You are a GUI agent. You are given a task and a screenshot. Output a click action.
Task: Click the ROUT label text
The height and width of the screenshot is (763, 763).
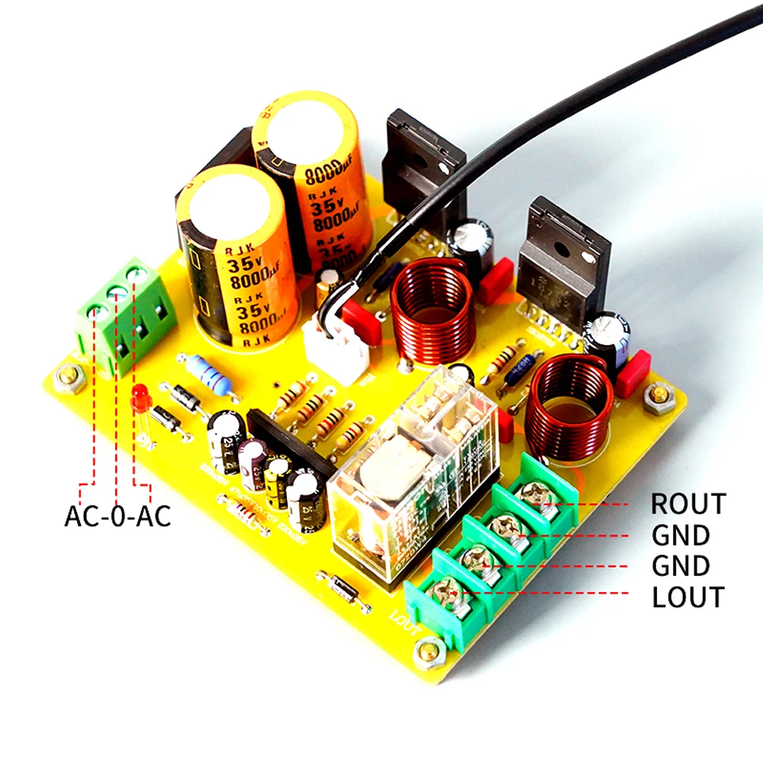pyautogui.click(x=687, y=504)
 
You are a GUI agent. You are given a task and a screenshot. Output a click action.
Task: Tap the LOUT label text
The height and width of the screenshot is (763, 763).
pyautogui.click(x=687, y=597)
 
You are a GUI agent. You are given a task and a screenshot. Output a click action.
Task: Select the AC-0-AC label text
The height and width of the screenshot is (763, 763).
pyautogui.click(x=118, y=516)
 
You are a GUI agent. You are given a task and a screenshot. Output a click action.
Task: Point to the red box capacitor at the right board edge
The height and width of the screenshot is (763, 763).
pyautogui.click(x=633, y=374)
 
